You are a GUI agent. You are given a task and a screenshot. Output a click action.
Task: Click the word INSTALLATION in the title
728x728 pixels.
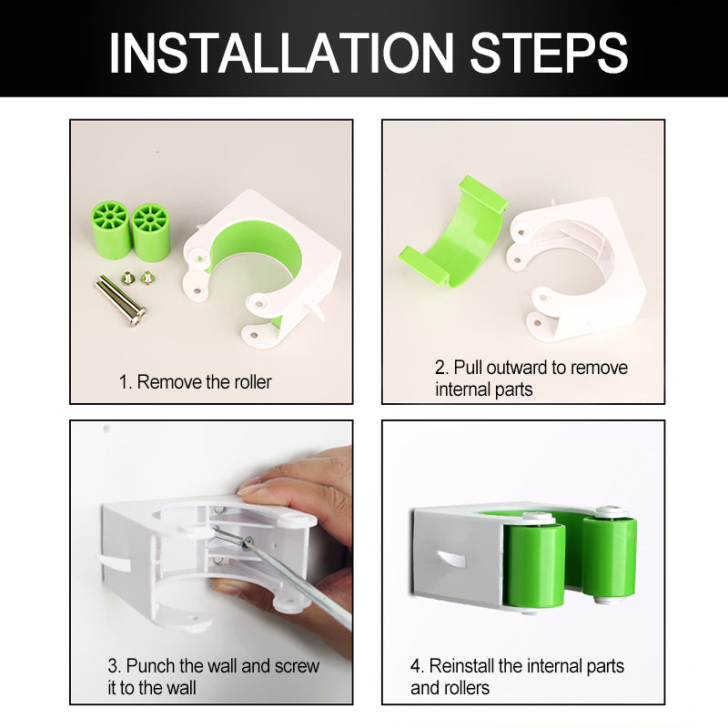pyautogui.click(x=281, y=53)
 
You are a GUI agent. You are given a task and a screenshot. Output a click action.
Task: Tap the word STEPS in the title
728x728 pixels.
pyautogui.click(x=549, y=53)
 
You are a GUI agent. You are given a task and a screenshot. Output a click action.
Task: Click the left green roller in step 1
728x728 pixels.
pyautogui.click(x=110, y=230)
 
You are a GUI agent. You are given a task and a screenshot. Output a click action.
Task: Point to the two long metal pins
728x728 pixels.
pyautogui.click(x=121, y=300)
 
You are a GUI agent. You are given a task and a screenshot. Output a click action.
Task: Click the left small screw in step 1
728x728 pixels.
pyautogui.click(x=126, y=278)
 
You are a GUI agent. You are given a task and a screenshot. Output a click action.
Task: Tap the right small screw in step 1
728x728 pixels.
pyautogui.click(x=147, y=278)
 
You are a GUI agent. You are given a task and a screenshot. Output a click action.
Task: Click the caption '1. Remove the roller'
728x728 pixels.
pyautogui.click(x=195, y=382)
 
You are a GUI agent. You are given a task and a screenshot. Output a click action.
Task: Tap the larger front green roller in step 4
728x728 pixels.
pyautogui.click(x=534, y=562)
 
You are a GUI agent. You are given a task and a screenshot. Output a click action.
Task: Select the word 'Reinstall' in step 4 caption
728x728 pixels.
pyautogui.click(x=461, y=666)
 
